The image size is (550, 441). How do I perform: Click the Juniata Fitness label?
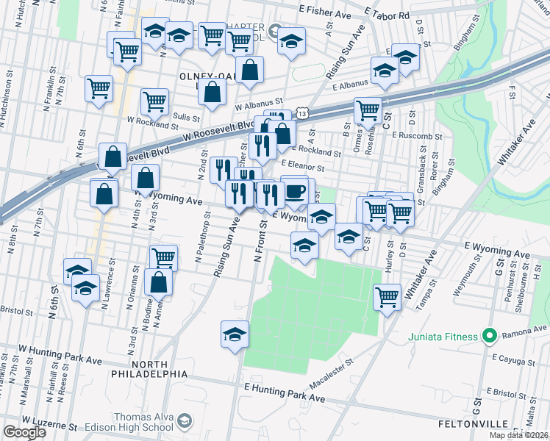click(441, 337)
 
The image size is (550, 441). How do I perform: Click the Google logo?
click(24, 432)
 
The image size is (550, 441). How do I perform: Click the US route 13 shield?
click(303, 111)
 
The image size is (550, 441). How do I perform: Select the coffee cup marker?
click(294, 192)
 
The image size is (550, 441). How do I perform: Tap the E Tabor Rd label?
click(387, 14)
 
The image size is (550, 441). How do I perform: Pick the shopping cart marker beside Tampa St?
click(387, 298)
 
